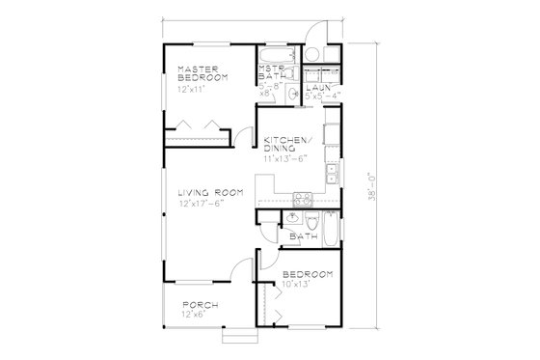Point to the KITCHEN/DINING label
pyautogui.click(x=286, y=147)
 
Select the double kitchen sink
pyautogui.click(x=331, y=173)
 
